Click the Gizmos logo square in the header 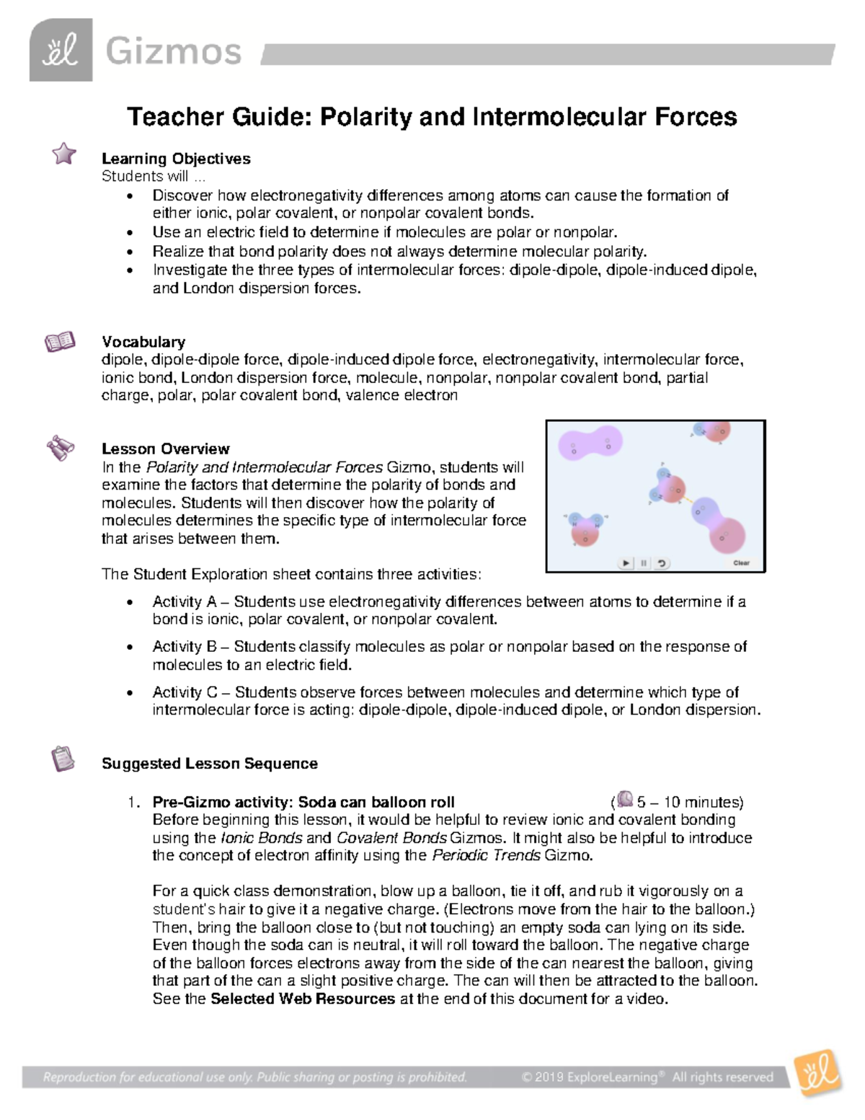(x=61, y=50)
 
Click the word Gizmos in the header (x=173, y=52)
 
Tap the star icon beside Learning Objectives (x=64, y=153)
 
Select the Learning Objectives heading (x=176, y=159)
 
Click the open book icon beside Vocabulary (x=60, y=341)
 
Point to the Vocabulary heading (x=143, y=342)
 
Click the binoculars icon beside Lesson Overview (x=61, y=448)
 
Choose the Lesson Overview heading (x=165, y=449)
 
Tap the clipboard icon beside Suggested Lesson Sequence (x=63, y=759)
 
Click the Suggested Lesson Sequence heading (x=209, y=764)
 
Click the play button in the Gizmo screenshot (x=626, y=563)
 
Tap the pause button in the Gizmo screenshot (x=644, y=563)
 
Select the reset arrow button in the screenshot (x=662, y=563)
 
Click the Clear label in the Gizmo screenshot (x=741, y=563)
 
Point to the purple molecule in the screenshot (x=590, y=443)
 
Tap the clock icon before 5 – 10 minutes (x=624, y=800)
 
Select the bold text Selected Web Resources (x=302, y=999)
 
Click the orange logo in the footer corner (x=817, y=1074)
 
